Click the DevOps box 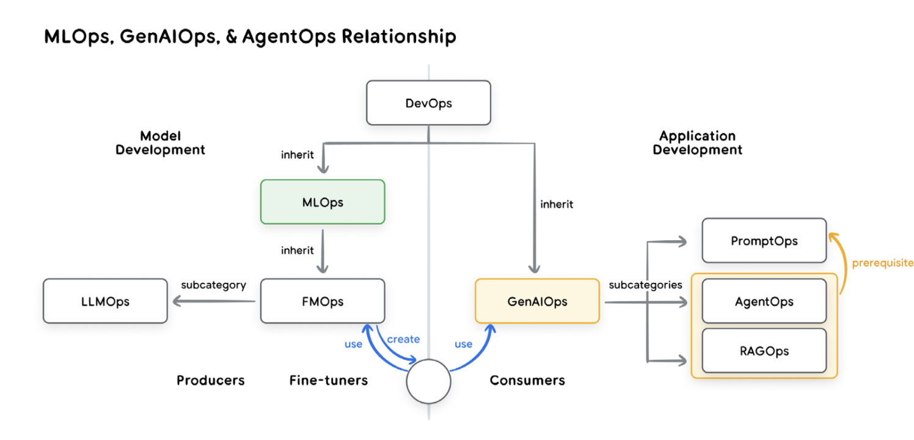click(x=428, y=103)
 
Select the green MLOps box click(x=323, y=202)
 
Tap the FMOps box click(x=323, y=301)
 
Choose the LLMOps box click(x=105, y=301)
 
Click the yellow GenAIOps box click(x=538, y=301)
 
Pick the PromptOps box click(x=764, y=241)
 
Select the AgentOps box click(x=764, y=301)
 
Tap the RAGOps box click(x=764, y=351)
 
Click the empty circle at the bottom click(x=428, y=381)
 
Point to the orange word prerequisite click(x=882, y=263)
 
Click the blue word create click(x=403, y=339)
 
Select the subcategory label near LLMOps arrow click(x=213, y=285)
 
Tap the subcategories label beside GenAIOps click(x=646, y=285)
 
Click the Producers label click(x=211, y=380)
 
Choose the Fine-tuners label click(x=329, y=380)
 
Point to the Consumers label click(x=527, y=380)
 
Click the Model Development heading click(x=160, y=143)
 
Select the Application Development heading click(x=697, y=143)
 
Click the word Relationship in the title click(x=398, y=37)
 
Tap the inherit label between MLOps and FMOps click(x=297, y=250)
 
